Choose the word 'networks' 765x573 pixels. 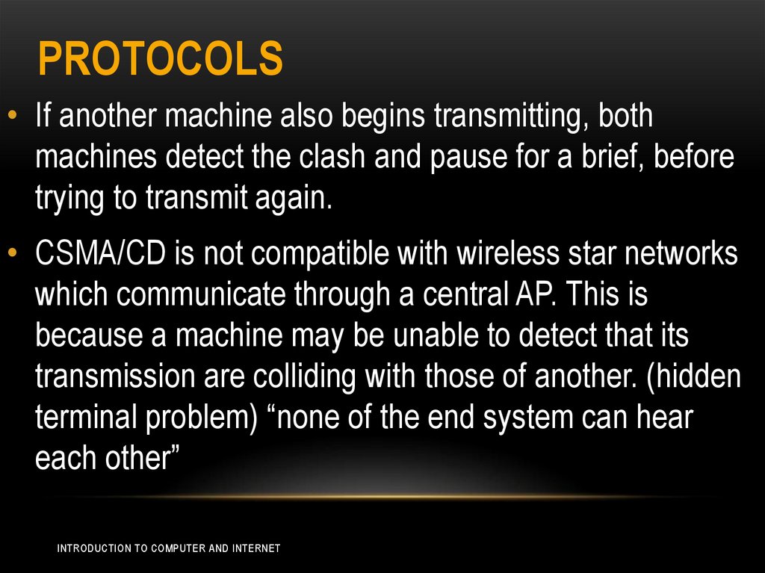tap(689, 255)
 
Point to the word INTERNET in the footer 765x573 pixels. tap(255, 548)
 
